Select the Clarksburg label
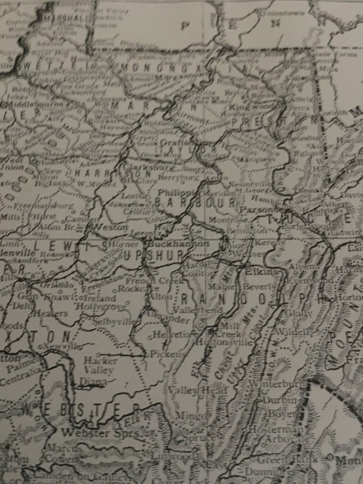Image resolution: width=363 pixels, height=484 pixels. pyautogui.click(x=140, y=167)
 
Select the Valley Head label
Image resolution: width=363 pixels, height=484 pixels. pyautogui.click(x=199, y=390)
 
